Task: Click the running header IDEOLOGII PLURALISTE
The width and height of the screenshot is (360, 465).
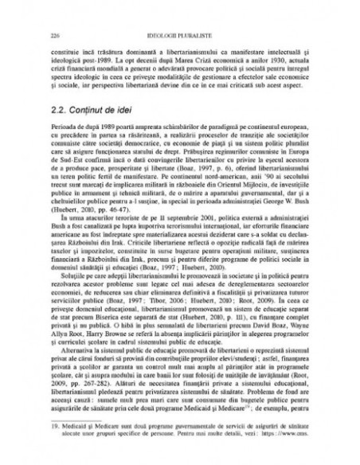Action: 179,35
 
